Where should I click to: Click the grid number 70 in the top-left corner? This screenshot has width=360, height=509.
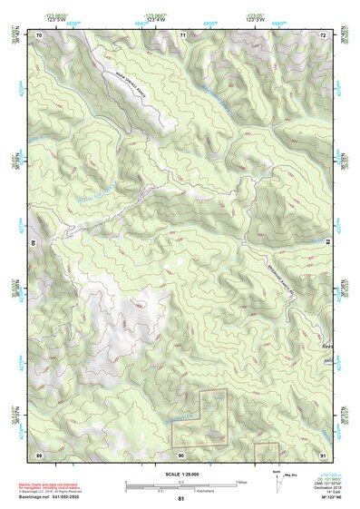tap(39, 34)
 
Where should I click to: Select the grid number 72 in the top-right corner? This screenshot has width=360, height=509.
tap(323, 34)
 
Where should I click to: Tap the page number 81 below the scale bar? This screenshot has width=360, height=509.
tap(180, 499)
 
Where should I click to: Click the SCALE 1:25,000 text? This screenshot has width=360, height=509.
tap(180, 474)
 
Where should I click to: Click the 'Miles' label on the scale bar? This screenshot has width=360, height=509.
tap(240, 481)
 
